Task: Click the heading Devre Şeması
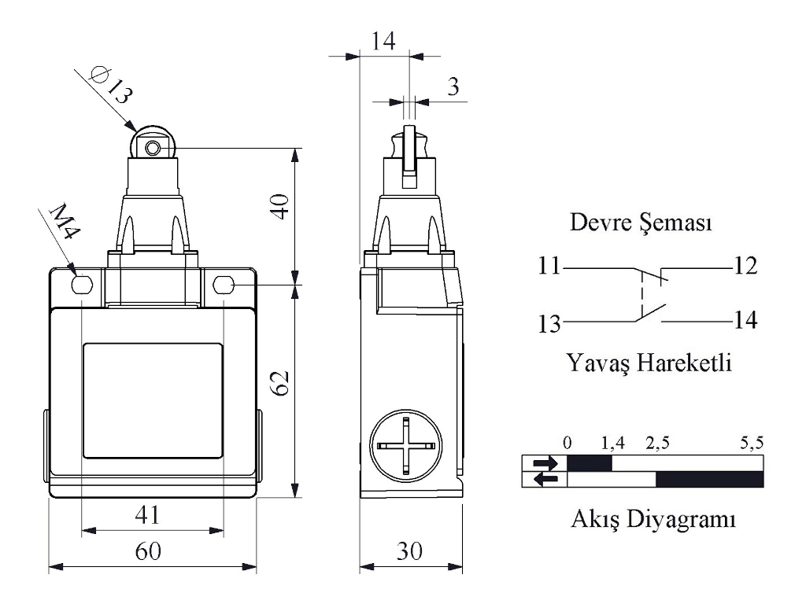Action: click(641, 224)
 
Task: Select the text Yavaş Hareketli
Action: click(649, 363)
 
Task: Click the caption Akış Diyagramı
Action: click(653, 520)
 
